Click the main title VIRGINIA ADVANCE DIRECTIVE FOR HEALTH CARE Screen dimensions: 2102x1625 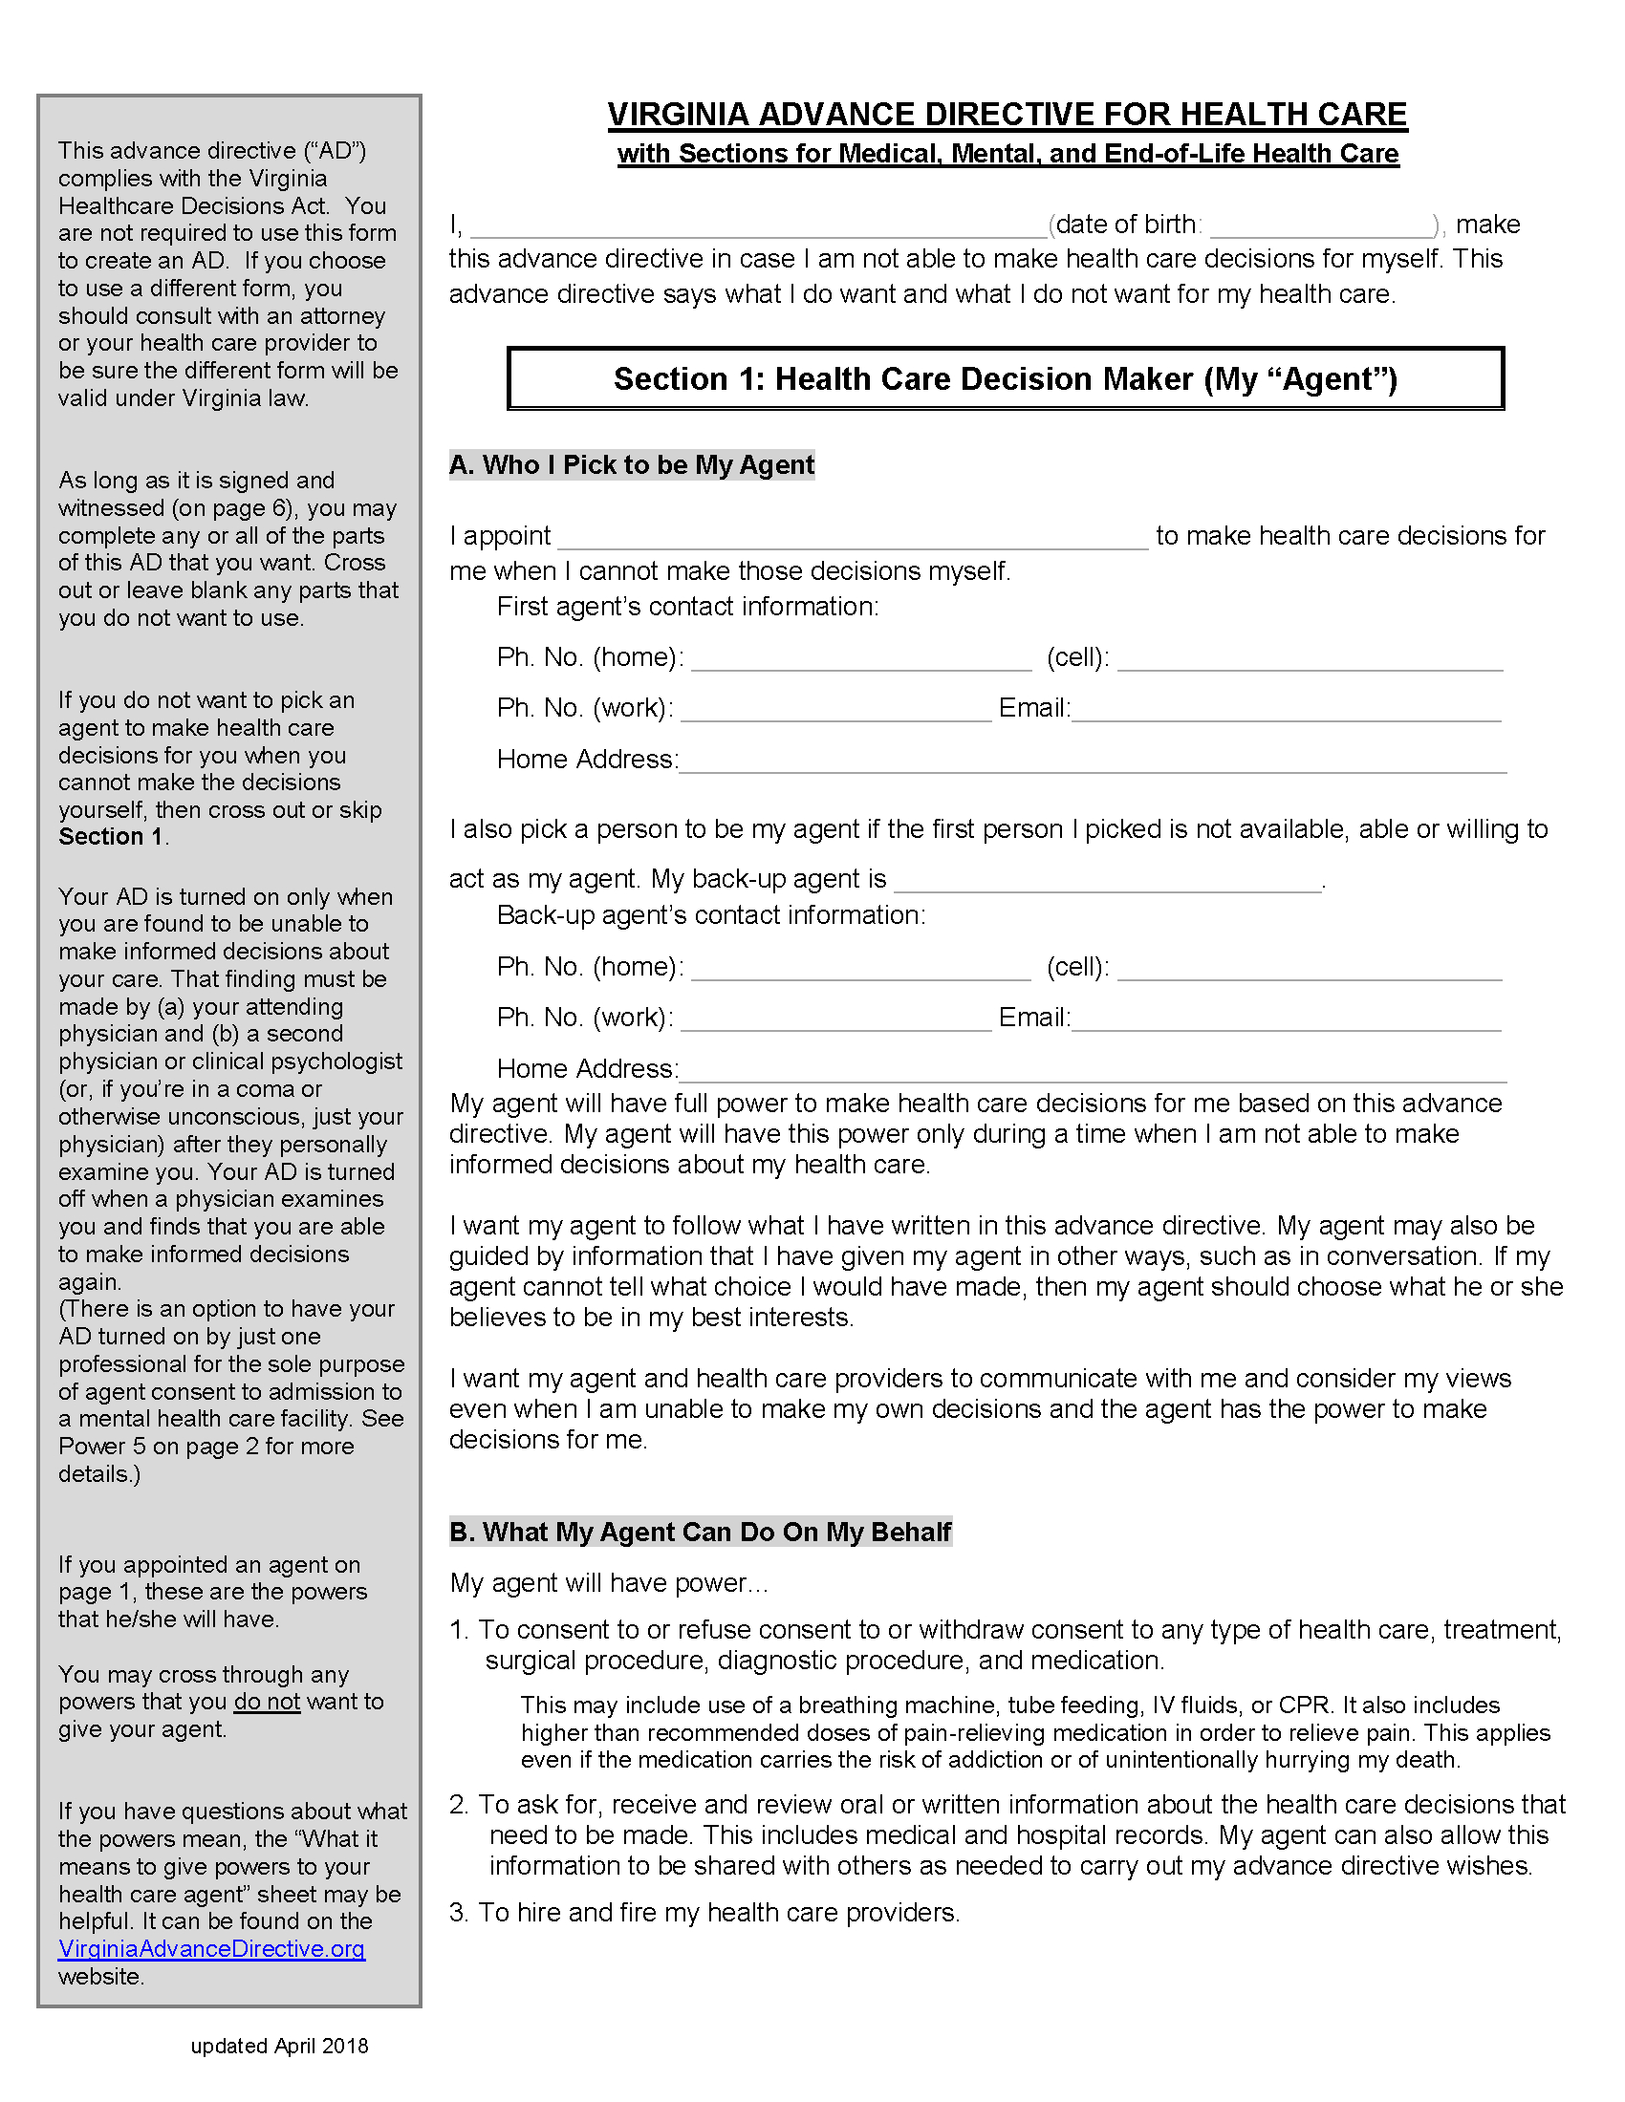tap(1007, 115)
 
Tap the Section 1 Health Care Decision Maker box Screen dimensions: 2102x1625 tap(1005, 378)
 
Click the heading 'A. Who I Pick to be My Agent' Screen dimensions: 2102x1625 tap(632, 465)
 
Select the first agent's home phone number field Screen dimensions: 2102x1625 tap(860, 660)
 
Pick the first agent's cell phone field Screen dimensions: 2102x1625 tap(1310, 660)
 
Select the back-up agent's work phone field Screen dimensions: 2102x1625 tap(835, 1020)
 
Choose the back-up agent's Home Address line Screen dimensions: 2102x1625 tap(1093, 1071)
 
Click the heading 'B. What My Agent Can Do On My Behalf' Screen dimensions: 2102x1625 tap(701, 1532)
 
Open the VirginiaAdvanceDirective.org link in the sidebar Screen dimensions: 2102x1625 tap(212, 1949)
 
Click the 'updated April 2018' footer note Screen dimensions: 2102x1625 tap(279, 2047)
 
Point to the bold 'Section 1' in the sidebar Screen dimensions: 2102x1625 tap(111, 836)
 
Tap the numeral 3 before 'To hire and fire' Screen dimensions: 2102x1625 tap(458, 1913)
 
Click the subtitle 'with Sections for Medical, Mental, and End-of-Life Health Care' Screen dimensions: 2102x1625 tap(1007, 154)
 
